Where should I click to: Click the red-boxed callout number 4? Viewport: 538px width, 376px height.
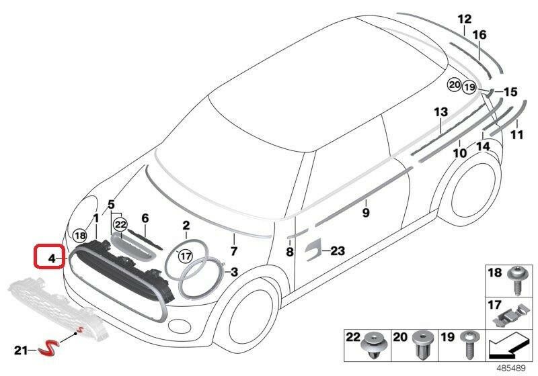[52, 258]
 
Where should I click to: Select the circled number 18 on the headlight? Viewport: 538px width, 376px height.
[80, 236]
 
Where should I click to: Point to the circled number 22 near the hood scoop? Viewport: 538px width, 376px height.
[120, 225]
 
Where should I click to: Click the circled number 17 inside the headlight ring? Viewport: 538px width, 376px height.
[186, 256]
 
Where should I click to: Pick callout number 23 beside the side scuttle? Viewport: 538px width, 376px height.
[338, 251]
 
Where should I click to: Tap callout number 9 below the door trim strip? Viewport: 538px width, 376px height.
[366, 213]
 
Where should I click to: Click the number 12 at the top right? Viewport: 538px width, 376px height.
[465, 19]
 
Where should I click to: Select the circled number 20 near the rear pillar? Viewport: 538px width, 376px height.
[455, 85]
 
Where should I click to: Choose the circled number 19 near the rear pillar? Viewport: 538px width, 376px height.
[469, 87]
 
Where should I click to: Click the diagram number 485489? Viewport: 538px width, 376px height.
[512, 369]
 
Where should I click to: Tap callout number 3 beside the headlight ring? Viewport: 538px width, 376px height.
[234, 272]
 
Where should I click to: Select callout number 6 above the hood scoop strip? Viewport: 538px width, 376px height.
[145, 218]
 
